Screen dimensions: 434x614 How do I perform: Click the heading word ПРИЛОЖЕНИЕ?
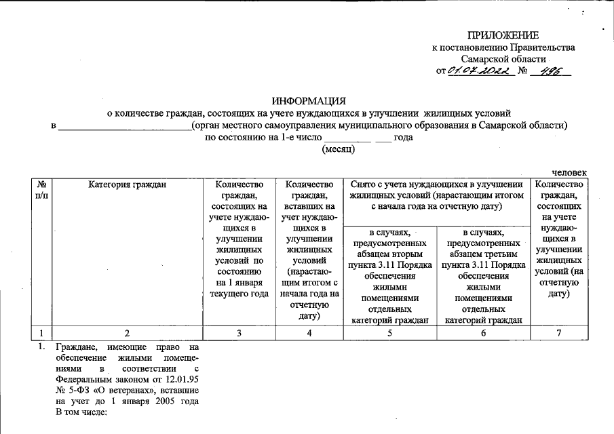click(x=503, y=35)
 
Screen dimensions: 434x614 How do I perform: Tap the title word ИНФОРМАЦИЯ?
click(x=309, y=100)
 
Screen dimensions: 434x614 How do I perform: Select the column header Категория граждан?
click(x=127, y=184)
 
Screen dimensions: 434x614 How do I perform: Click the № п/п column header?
click(x=42, y=189)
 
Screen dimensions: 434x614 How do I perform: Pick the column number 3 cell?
click(x=239, y=333)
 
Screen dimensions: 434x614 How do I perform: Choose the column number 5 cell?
click(x=390, y=333)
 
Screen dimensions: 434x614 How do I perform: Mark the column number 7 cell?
click(x=559, y=333)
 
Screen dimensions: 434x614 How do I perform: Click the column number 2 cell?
click(x=127, y=333)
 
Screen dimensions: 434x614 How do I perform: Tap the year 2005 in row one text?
click(x=165, y=402)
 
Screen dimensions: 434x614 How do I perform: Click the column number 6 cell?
click(x=483, y=333)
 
